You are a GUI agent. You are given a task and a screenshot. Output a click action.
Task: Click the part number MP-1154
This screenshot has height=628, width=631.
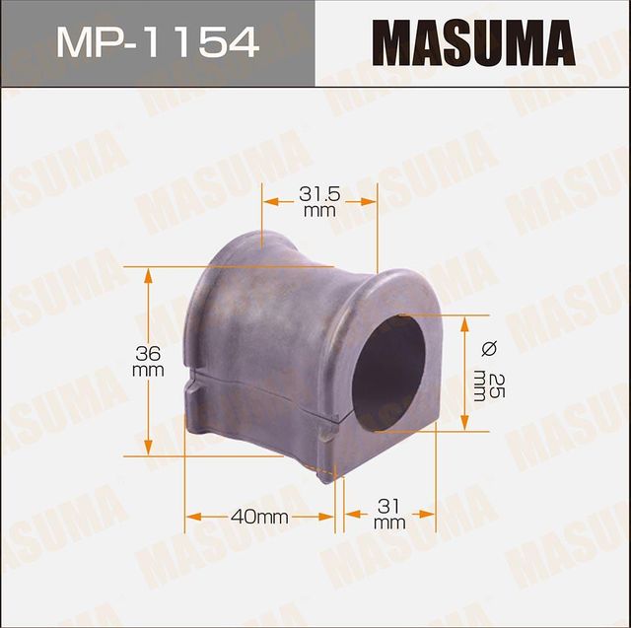click(x=157, y=41)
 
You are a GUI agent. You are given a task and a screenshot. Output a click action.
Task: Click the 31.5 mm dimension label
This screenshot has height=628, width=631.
click(x=318, y=202)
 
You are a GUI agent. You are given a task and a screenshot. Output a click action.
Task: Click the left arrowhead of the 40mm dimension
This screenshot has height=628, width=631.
click(x=190, y=516)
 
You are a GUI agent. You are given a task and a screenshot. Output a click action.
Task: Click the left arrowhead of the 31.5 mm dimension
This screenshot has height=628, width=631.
click(x=267, y=201)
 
